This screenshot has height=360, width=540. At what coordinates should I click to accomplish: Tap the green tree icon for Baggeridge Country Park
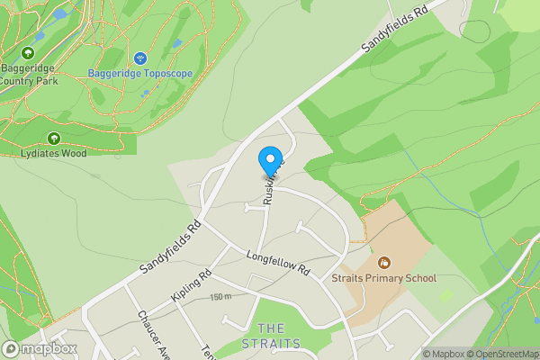tap(27, 53)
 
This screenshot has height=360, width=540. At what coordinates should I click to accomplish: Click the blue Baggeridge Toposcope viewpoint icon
tap(139, 58)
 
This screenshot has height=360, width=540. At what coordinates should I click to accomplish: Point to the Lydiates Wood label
tap(53, 153)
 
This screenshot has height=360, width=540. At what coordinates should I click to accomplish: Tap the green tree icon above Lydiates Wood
tap(53, 139)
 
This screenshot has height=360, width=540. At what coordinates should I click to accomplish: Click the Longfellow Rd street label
tap(277, 263)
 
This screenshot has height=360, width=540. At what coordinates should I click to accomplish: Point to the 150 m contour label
tap(221, 297)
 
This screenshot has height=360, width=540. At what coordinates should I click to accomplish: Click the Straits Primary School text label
tap(383, 278)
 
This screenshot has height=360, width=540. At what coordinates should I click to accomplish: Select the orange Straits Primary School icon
tap(384, 263)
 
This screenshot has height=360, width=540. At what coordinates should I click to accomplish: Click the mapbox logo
tap(40, 348)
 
